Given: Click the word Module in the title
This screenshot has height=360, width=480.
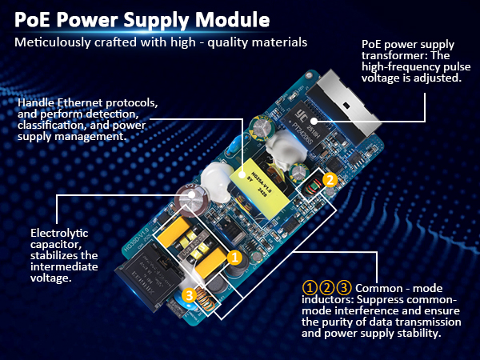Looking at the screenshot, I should tap(232, 17).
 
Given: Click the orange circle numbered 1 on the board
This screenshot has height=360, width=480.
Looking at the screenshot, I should tap(235, 258).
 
